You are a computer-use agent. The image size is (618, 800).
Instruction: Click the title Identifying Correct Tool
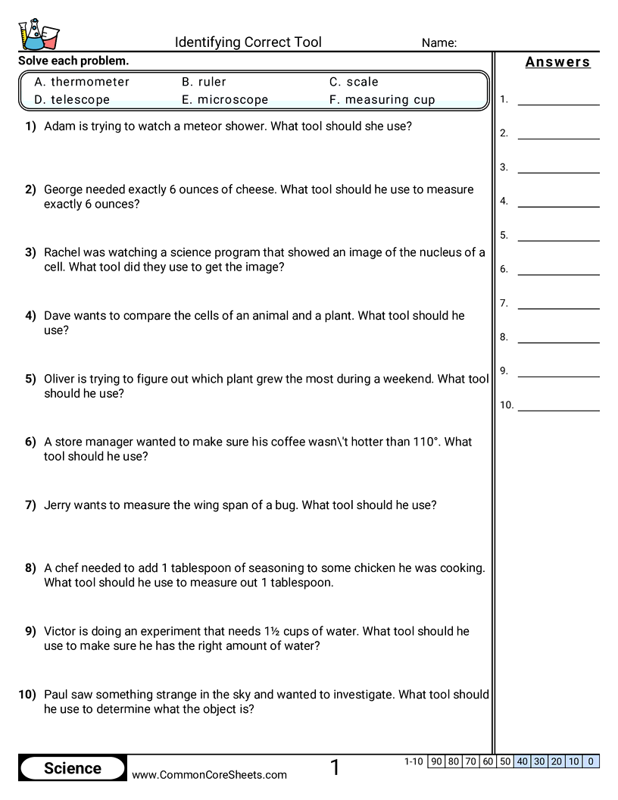tap(248, 42)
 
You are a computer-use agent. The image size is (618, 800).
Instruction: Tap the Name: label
tap(439, 43)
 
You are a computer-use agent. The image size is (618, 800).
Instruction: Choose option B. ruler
tap(204, 82)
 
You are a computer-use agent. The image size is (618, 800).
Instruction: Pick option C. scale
tap(354, 82)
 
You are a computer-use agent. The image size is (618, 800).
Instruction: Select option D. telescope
tap(72, 99)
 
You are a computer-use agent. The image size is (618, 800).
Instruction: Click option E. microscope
tap(225, 99)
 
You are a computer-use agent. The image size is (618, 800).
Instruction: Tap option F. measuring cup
tap(382, 99)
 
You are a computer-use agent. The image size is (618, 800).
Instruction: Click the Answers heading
tap(557, 62)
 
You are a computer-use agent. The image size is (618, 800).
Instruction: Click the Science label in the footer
tap(73, 768)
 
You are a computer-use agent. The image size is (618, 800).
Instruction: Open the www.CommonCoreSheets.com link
tap(209, 774)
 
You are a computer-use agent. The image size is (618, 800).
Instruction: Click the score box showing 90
tap(436, 761)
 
